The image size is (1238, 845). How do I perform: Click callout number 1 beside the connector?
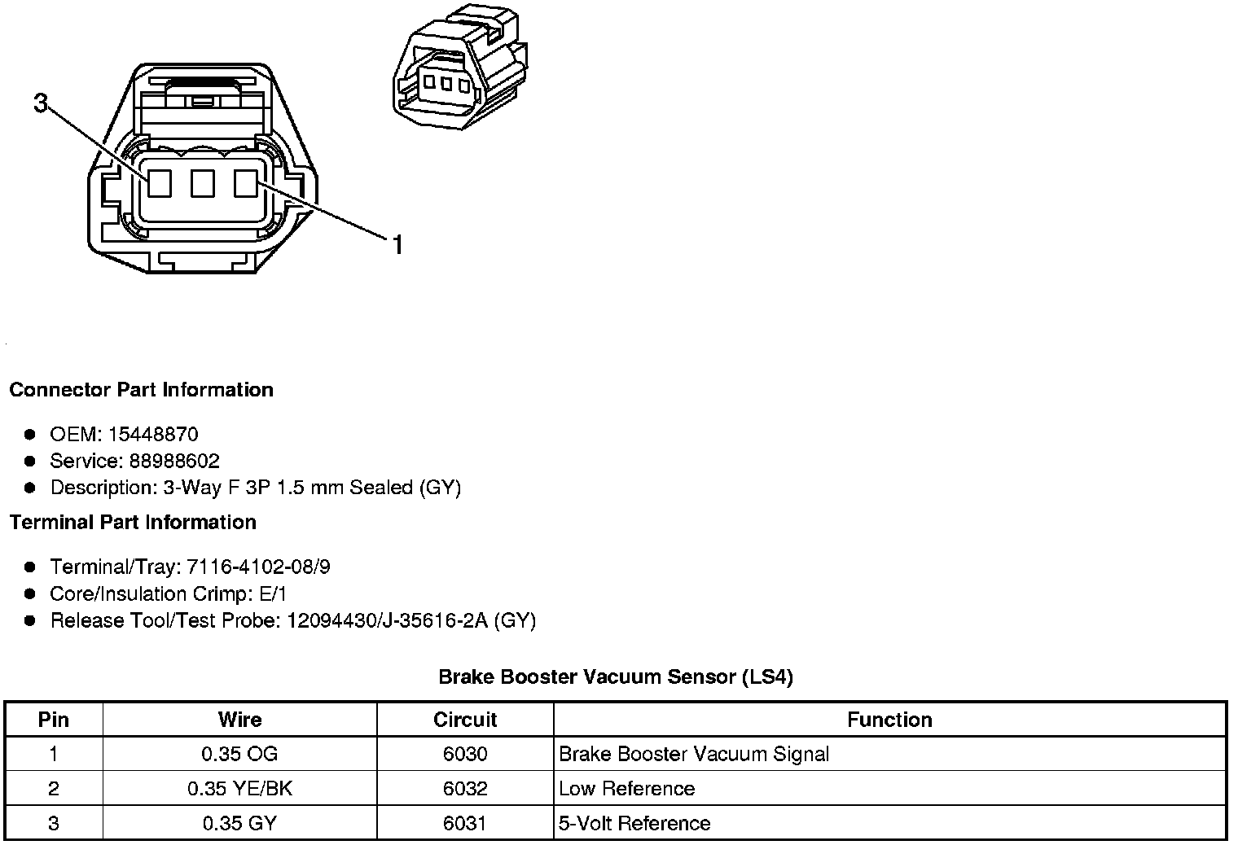click(397, 244)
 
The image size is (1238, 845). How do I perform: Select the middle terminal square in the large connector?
click(202, 183)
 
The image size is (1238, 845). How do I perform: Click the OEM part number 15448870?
click(153, 434)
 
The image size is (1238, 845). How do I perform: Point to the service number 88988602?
click(174, 461)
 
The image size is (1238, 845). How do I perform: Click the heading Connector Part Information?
click(141, 389)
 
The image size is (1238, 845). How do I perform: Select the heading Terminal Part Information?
click(133, 522)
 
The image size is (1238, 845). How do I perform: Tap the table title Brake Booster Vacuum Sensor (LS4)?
click(616, 676)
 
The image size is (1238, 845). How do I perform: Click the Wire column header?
click(239, 720)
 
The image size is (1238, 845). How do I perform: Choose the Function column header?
click(889, 720)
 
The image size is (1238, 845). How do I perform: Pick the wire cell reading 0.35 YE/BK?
click(239, 788)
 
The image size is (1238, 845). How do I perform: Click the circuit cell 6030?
click(465, 754)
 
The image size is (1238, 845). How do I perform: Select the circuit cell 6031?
click(465, 823)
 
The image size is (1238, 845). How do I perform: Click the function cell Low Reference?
click(627, 788)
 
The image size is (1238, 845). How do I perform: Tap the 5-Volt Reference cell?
click(634, 823)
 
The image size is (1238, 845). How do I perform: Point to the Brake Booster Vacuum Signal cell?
click(694, 754)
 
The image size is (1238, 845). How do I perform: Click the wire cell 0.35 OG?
click(239, 754)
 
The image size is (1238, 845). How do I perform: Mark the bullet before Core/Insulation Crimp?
click(30, 593)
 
